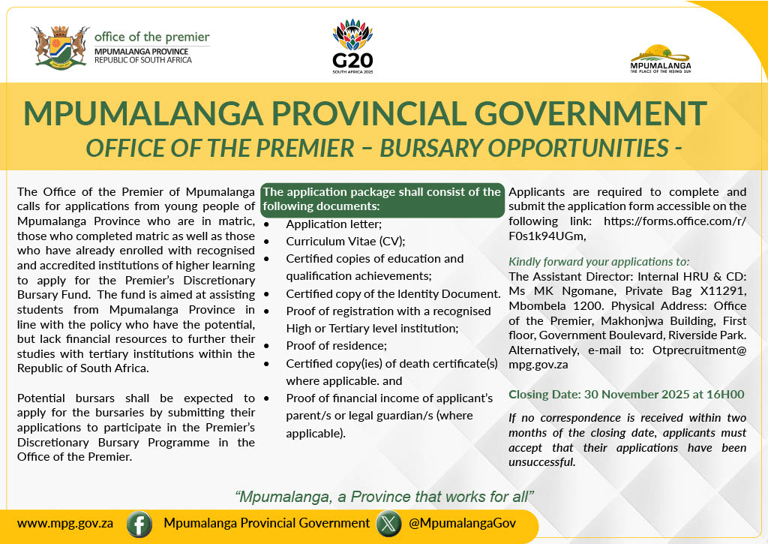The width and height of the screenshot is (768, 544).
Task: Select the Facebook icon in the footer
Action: click(x=139, y=524)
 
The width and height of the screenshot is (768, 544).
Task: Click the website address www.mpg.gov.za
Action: click(x=65, y=524)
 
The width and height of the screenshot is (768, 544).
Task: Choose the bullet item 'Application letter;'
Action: click(x=334, y=224)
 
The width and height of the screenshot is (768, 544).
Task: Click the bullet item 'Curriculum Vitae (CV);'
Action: click(x=345, y=241)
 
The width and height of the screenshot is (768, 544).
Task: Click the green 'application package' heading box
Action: click(x=382, y=199)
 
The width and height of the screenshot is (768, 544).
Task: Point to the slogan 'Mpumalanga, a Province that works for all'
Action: click(x=384, y=496)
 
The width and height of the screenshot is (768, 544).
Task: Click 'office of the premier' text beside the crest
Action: click(x=152, y=38)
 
